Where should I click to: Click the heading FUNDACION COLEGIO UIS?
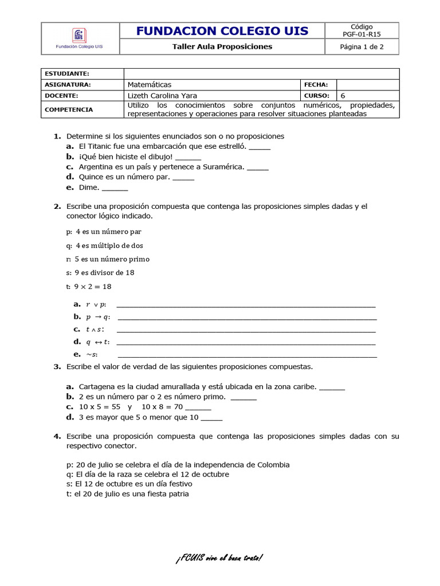point(222,31)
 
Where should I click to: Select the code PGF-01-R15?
point(362,34)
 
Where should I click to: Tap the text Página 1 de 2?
point(362,47)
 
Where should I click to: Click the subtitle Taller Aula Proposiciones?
point(222,47)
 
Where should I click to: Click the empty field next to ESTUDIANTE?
point(261,74)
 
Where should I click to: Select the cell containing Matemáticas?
point(213,85)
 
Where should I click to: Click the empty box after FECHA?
point(367,85)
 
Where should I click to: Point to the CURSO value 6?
point(343,96)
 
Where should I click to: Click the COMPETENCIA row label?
point(69,109)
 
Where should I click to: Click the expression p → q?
point(97,317)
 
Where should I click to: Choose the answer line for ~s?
point(247,355)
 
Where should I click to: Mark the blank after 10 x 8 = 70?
point(198,407)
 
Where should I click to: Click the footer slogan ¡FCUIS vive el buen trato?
point(219,558)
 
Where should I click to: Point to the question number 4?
point(57,436)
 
